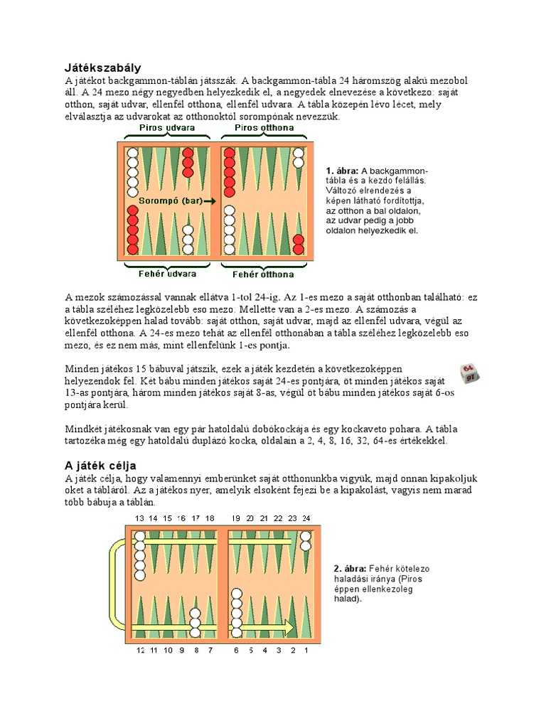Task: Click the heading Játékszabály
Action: [x=102, y=68]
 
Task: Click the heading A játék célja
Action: [x=102, y=465]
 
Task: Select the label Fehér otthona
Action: [x=262, y=274]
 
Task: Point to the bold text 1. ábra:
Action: [x=342, y=171]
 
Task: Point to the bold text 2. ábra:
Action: [x=349, y=569]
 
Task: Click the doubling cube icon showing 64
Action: [x=469, y=374]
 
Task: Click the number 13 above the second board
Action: [x=139, y=518]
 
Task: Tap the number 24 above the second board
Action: [x=306, y=518]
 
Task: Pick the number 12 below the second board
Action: [x=139, y=650]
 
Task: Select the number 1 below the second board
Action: [x=306, y=650]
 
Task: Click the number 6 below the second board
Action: [x=236, y=650]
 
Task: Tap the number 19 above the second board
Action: [x=236, y=518]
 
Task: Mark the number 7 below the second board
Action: [x=209, y=650]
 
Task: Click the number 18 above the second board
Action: [x=209, y=518]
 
